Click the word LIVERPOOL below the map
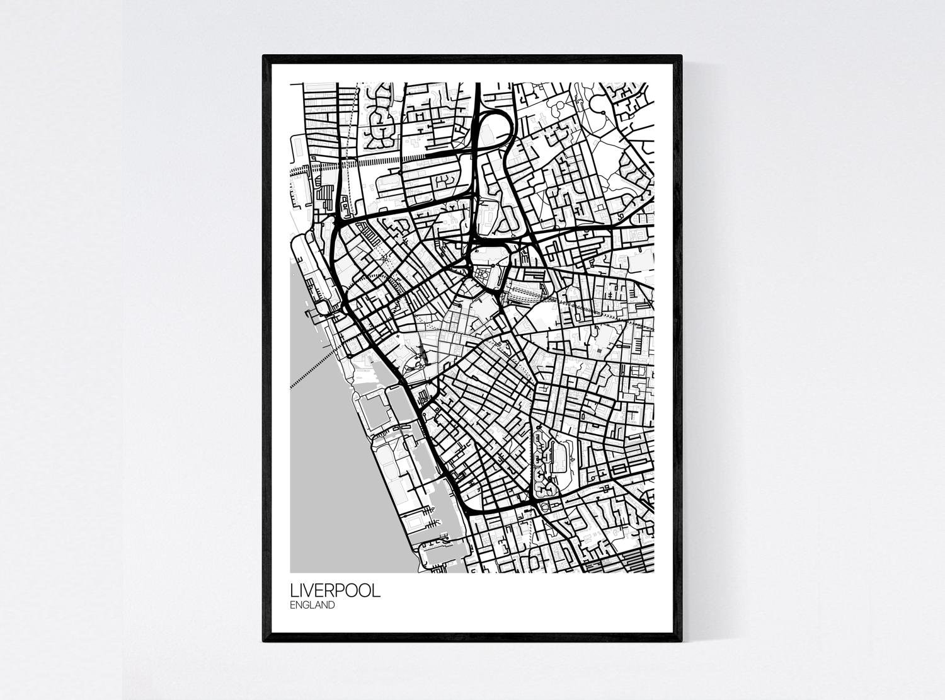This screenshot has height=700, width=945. (x=335, y=591)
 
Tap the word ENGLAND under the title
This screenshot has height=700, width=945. (x=312, y=605)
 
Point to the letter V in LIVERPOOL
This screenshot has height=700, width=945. (x=310, y=591)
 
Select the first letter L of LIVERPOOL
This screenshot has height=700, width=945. (x=294, y=591)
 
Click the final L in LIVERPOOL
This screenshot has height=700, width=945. (x=376, y=591)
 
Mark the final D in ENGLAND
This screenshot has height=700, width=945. (x=331, y=605)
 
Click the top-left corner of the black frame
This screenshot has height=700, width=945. (x=264, y=57)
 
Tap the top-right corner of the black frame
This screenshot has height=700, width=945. (x=681, y=57)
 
